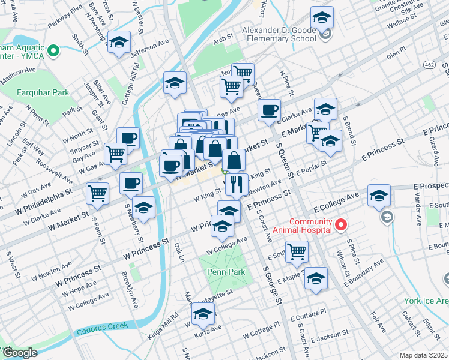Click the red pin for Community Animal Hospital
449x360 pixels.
click(341, 225)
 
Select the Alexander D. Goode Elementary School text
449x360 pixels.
click(279, 34)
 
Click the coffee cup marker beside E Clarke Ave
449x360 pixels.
click(270, 109)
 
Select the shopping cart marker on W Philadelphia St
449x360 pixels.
click(97, 193)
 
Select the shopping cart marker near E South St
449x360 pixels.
click(297, 251)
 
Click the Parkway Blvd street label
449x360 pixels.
click(67, 13)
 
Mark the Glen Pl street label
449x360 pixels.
click(397, 53)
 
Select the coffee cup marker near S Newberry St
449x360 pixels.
click(131, 183)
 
